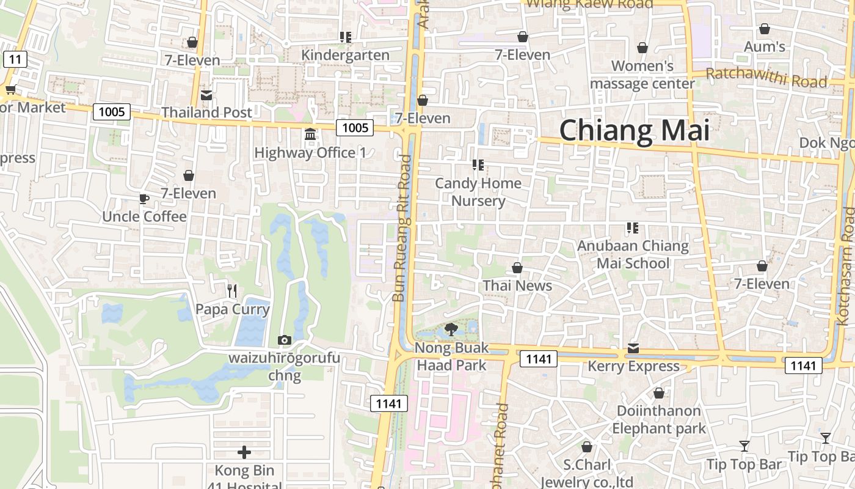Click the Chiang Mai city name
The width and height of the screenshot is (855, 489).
tap(635, 131)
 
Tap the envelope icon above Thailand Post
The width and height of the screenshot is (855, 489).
tap(206, 95)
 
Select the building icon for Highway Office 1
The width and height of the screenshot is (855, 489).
tap(310, 134)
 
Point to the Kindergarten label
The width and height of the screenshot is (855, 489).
tap(345, 55)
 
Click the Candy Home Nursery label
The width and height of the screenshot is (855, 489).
tap(478, 192)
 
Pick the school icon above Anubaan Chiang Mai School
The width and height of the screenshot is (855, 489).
tap(633, 228)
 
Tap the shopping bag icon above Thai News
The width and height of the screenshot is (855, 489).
tap(517, 268)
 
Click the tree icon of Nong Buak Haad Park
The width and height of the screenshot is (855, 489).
tap(451, 329)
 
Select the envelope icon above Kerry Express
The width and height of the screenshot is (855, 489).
tap(633, 348)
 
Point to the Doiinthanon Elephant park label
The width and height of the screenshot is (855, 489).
tap(659, 419)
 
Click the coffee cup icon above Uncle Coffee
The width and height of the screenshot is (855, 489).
tap(144, 199)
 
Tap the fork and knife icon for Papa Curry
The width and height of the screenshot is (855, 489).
tap(231, 291)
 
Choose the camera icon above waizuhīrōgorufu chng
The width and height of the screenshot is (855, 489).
tap(284, 340)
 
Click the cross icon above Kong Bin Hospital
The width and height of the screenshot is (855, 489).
tap(244, 452)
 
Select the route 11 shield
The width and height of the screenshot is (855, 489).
tap(15, 59)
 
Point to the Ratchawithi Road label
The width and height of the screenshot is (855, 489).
tap(766, 78)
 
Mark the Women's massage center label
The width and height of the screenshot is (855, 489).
tap(642, 75)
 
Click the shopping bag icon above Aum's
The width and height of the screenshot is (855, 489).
tap(764, 29)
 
